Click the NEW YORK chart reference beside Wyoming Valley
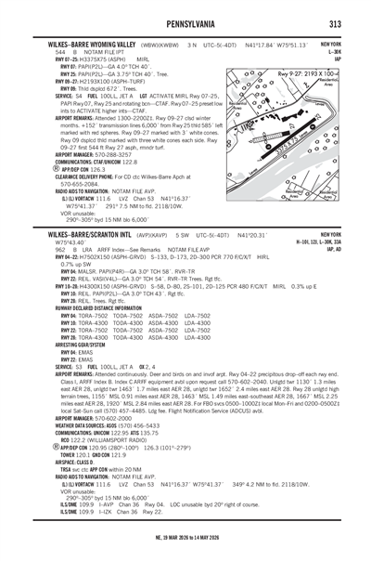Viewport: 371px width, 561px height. pyautogui.click(x=330, y=44)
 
